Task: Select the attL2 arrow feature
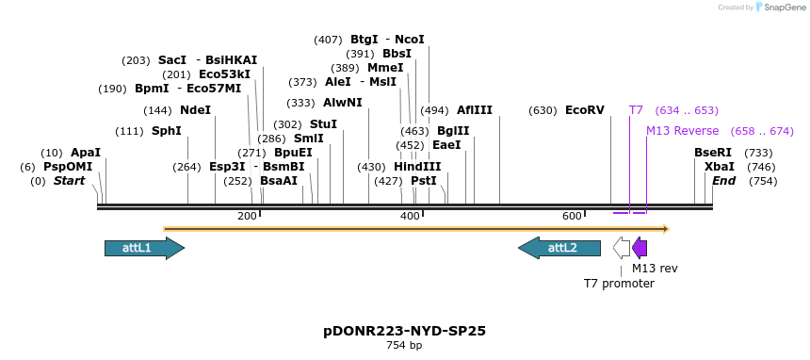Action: click(559, 248)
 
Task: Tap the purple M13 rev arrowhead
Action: click(640, 248)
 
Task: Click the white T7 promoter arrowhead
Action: click(622, 248)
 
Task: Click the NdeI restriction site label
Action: click(195, 110)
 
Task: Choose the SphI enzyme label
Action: click(166, 131)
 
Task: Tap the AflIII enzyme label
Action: click(475, 110)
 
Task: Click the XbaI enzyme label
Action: click(719, 167)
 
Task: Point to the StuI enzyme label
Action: click(323, 124)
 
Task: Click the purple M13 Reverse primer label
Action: click(682, 131)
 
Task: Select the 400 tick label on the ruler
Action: click(410, 217)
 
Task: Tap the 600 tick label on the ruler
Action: click(572, 217)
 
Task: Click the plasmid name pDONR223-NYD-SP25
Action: click(404, 331)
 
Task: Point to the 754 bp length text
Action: click(404, 346)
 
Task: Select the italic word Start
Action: click(69, 181)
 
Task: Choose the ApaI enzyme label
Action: click(85, 153)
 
